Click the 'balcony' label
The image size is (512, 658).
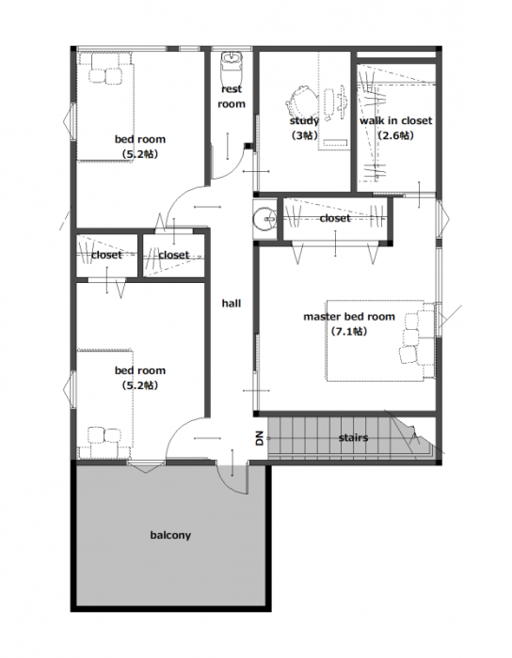click(x=170, y=536)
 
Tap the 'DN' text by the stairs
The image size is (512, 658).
click(x=260, y=438)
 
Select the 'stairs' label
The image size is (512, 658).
click(x=353, y=438)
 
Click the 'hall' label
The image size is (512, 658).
click(x=232, y=303)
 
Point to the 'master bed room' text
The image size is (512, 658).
click(x=349, y=317)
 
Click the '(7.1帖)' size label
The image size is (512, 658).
click(x=349, y=332)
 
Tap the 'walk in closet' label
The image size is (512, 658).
click(x=395, y=121)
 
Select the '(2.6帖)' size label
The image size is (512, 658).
click(x=395, y=135)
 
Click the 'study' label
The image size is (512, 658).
click(x=304, y=121)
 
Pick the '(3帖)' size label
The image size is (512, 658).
click(x=304, y=135)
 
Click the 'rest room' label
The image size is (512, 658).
click(x=232, y=97)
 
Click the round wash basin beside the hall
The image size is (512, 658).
click(x=264, y=219)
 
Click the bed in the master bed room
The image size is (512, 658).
click(x=380, y=340)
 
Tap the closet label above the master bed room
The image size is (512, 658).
click(x=335, y=218)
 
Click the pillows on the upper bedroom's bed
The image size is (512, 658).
click(x=105, y=72)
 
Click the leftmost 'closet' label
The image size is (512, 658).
click(x=106, y=255)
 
